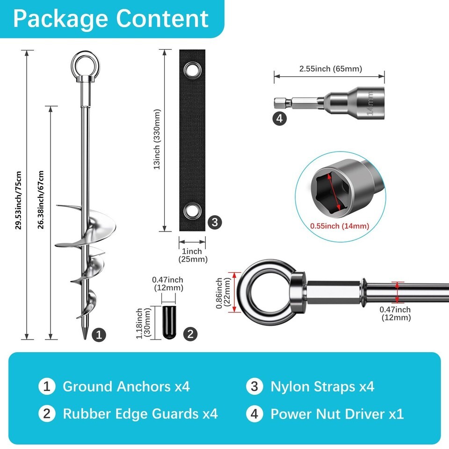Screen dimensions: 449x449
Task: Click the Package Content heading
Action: (111, 19)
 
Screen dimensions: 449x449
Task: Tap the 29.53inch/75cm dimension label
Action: (18, 200)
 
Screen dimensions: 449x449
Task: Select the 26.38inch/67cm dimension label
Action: (41, 200)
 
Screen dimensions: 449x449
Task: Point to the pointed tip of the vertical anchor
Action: (85, 339)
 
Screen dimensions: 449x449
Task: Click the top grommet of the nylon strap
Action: (192, 70)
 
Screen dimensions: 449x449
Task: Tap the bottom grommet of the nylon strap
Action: (192, 211)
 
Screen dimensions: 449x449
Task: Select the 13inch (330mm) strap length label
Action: (157, 139)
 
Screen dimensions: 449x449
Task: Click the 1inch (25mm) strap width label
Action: (193, 255)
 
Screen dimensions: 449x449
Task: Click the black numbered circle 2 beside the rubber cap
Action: (190, 334)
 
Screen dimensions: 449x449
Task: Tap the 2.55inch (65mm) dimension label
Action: (331, 69)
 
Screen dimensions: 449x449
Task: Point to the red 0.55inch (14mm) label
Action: (340, 226)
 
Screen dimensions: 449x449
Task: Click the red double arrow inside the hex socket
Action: (333, 192)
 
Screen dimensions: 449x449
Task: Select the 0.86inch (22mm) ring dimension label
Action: (223, 293)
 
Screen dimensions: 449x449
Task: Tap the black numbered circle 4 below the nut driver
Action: (280, 118)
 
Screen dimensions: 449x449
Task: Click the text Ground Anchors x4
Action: (126, 387)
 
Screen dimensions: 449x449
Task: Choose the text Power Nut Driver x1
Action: (337, 414)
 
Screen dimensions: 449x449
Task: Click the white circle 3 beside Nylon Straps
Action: (254, 386)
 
